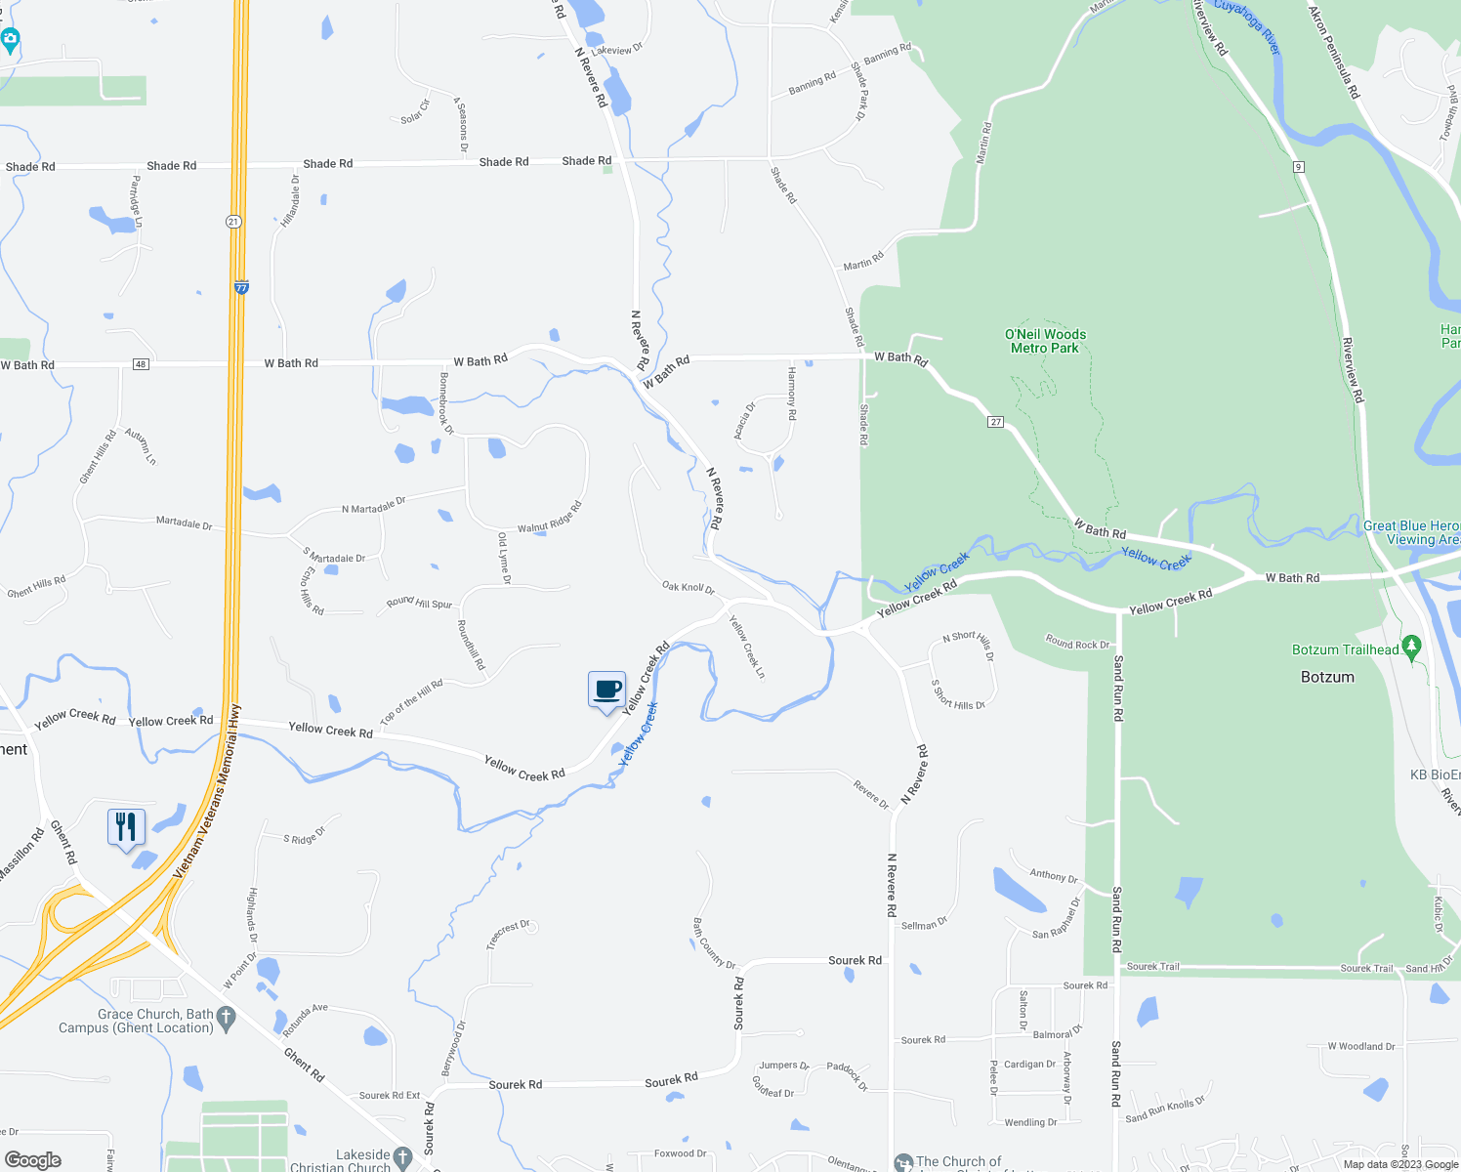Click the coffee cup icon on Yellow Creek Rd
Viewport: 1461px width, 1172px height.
[x=606, y=690]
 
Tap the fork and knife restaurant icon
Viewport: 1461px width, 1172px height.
[x=126, y=827]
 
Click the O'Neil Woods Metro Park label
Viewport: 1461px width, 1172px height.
[x=1045, y=341]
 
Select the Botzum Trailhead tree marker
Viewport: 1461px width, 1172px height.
[x=1410, y=647]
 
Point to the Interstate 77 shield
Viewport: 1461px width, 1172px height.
[x=241, y=287]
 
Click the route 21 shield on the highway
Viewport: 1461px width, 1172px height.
[x=233, y=222]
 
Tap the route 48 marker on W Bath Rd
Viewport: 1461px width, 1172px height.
[x=142, y=364]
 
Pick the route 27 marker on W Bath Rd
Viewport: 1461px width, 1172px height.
[x=995, y=422]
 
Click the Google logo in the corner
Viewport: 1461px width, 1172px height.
[x=32, y=1159]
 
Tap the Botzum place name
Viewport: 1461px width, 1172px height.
[x=1327, y=677]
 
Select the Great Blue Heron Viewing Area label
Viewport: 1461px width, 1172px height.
[x=1411, y=532]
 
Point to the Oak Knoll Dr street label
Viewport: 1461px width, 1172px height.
[x=689, y=588]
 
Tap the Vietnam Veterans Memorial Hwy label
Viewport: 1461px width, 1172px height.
[x=207, y=791]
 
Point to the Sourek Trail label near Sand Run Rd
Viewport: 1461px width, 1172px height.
[x=1152, y=967]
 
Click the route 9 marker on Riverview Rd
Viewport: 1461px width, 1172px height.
[x=1298, y=167]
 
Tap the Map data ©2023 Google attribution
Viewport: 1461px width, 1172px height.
[x=1399, y=1164]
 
